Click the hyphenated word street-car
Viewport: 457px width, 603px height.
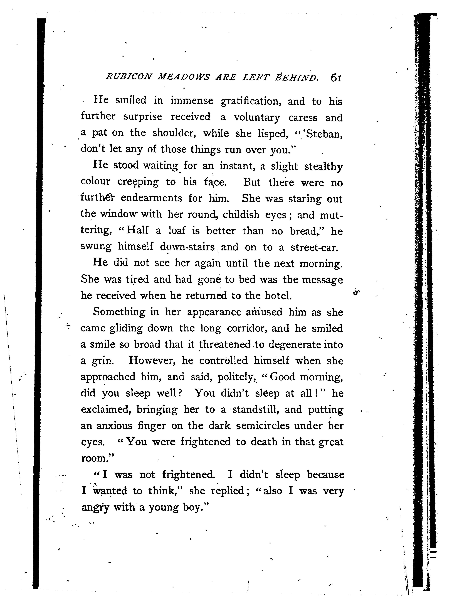point(315,247)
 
